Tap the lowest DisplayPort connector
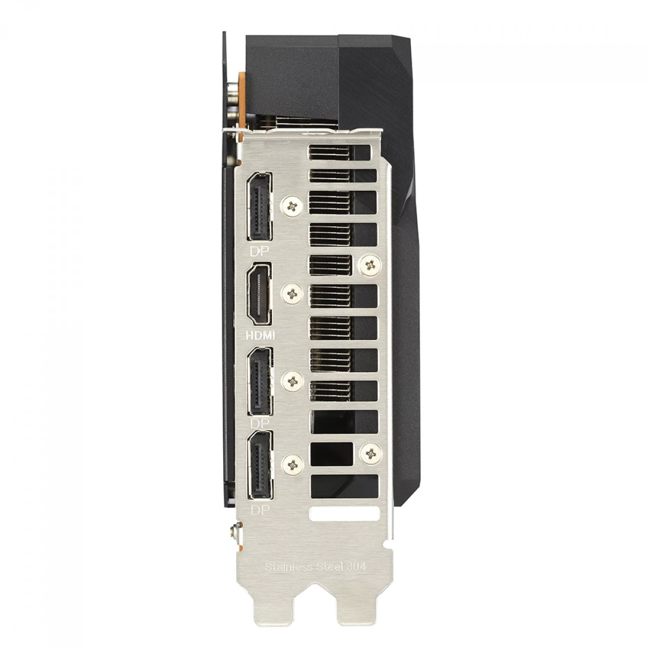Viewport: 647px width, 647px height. pos(260,465)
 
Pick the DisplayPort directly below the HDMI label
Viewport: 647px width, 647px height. pos(260,381)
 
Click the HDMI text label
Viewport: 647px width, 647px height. pos(260,335)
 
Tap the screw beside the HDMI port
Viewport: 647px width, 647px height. pos(292,294)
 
